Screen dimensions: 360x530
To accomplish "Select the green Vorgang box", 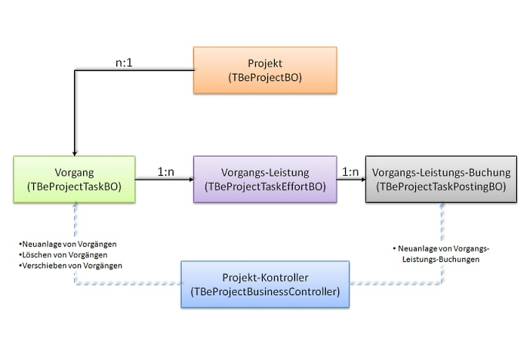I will pyautogui.click(x=74, y=180).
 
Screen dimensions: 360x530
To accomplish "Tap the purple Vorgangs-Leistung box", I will pyautogui.click(x=265, y=180).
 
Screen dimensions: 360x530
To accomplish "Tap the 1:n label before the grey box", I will pyautogui.click(x=351, y=172).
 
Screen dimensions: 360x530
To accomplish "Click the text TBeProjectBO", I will pyautogui.click(x=264, y=78).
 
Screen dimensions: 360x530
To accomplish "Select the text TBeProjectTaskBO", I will pyautogui.click(x=74, y=187).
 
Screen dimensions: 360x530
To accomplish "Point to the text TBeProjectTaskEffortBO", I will pyautogui.click(x=265, y=187).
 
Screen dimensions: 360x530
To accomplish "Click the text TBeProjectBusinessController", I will pyautogui.click(x=265, y=292).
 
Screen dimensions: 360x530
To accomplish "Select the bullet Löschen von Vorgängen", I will pyautogui.click(x=63, y=254).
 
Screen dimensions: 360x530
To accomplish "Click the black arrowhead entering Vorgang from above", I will pyautogui.click(x=74, y=153).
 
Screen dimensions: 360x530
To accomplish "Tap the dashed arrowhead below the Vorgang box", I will pyautogui.click(x=75, y=207).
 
